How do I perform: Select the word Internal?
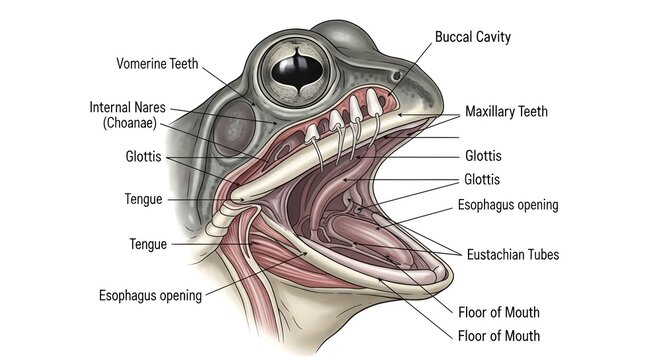point(112,107)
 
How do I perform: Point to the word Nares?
point(152,107)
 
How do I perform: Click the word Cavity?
point(494,37)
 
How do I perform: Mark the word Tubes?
point(541,254)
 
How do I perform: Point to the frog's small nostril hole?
point(397,75)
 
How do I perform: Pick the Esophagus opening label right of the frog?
point(508,205)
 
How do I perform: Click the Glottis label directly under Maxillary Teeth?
point(483,156)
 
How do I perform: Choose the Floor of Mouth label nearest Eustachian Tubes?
point(499,310)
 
